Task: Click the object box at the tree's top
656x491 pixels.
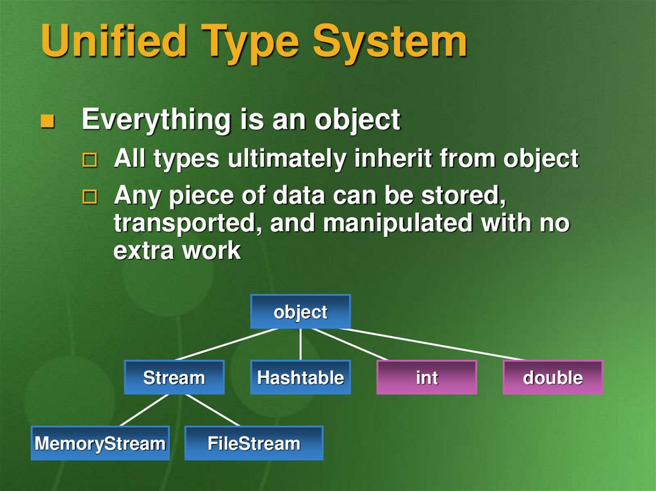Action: tap(300, 312)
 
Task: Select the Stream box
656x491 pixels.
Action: tap(174, 377)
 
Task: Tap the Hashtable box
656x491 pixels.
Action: tap(300, 377)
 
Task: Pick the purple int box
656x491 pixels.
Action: tap(427, 377)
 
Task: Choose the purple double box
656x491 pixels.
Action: tap(553, 377)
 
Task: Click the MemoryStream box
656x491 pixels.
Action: tap(101, 443)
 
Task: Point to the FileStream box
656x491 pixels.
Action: tap(254, 443)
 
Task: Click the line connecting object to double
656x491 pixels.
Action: tap(432, 344)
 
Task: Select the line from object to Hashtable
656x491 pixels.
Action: tap(300, 344)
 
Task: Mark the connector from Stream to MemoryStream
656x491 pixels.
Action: tap(144, 410)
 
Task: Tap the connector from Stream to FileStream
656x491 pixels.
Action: tap(213, 410)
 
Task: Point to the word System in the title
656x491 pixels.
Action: tap(390, 41)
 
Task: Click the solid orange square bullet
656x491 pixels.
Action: tap(47, 121)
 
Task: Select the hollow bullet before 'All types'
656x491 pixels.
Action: tap(90, 160)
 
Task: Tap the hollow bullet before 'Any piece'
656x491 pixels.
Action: tap(90, 197)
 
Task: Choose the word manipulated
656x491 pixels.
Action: tap(398, 224)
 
